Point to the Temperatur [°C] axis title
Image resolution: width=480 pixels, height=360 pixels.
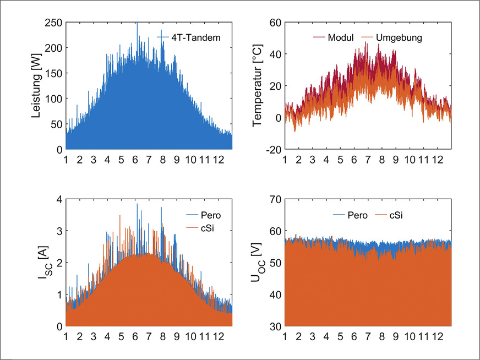[x=257, y=86]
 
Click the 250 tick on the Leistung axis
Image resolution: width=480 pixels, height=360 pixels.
[x=53, y=23]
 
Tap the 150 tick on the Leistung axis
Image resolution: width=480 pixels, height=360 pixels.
[x=53, y=73]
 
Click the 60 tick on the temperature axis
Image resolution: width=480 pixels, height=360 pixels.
[x=275, y=23]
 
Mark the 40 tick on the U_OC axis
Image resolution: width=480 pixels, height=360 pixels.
[x=275, y=294]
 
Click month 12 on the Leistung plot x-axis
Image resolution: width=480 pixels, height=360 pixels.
[x=217, y=160]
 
